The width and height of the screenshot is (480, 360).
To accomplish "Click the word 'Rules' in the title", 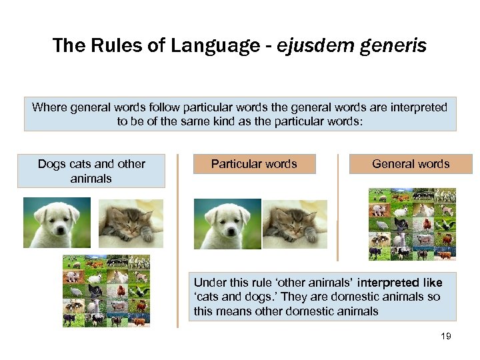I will (x=106, y=45).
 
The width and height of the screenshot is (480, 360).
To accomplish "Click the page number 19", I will (x=446, y=336).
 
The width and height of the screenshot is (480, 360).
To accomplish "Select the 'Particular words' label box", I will (x=254, y=164).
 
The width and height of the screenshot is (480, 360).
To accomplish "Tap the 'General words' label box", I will (x=411, y=164).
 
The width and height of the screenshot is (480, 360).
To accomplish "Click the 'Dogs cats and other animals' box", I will (x=91, y=171).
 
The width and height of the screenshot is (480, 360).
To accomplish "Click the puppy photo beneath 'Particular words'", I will (x=226, y=224).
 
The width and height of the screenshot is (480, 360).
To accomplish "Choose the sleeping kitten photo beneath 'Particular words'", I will (x=294, y=224).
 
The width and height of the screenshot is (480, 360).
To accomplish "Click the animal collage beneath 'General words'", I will (x=412, y=224).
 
